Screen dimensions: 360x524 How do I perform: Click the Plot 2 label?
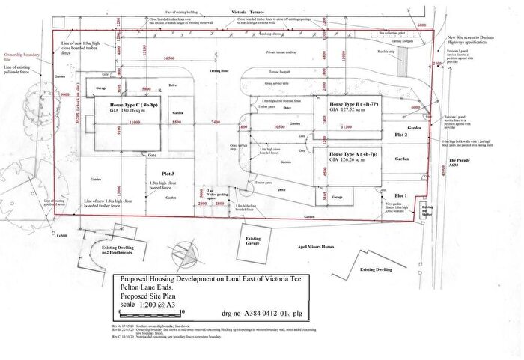pyautogui.click(x=401, y=135)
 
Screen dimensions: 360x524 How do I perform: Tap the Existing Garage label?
pyautogui.click(x=254, y=241)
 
